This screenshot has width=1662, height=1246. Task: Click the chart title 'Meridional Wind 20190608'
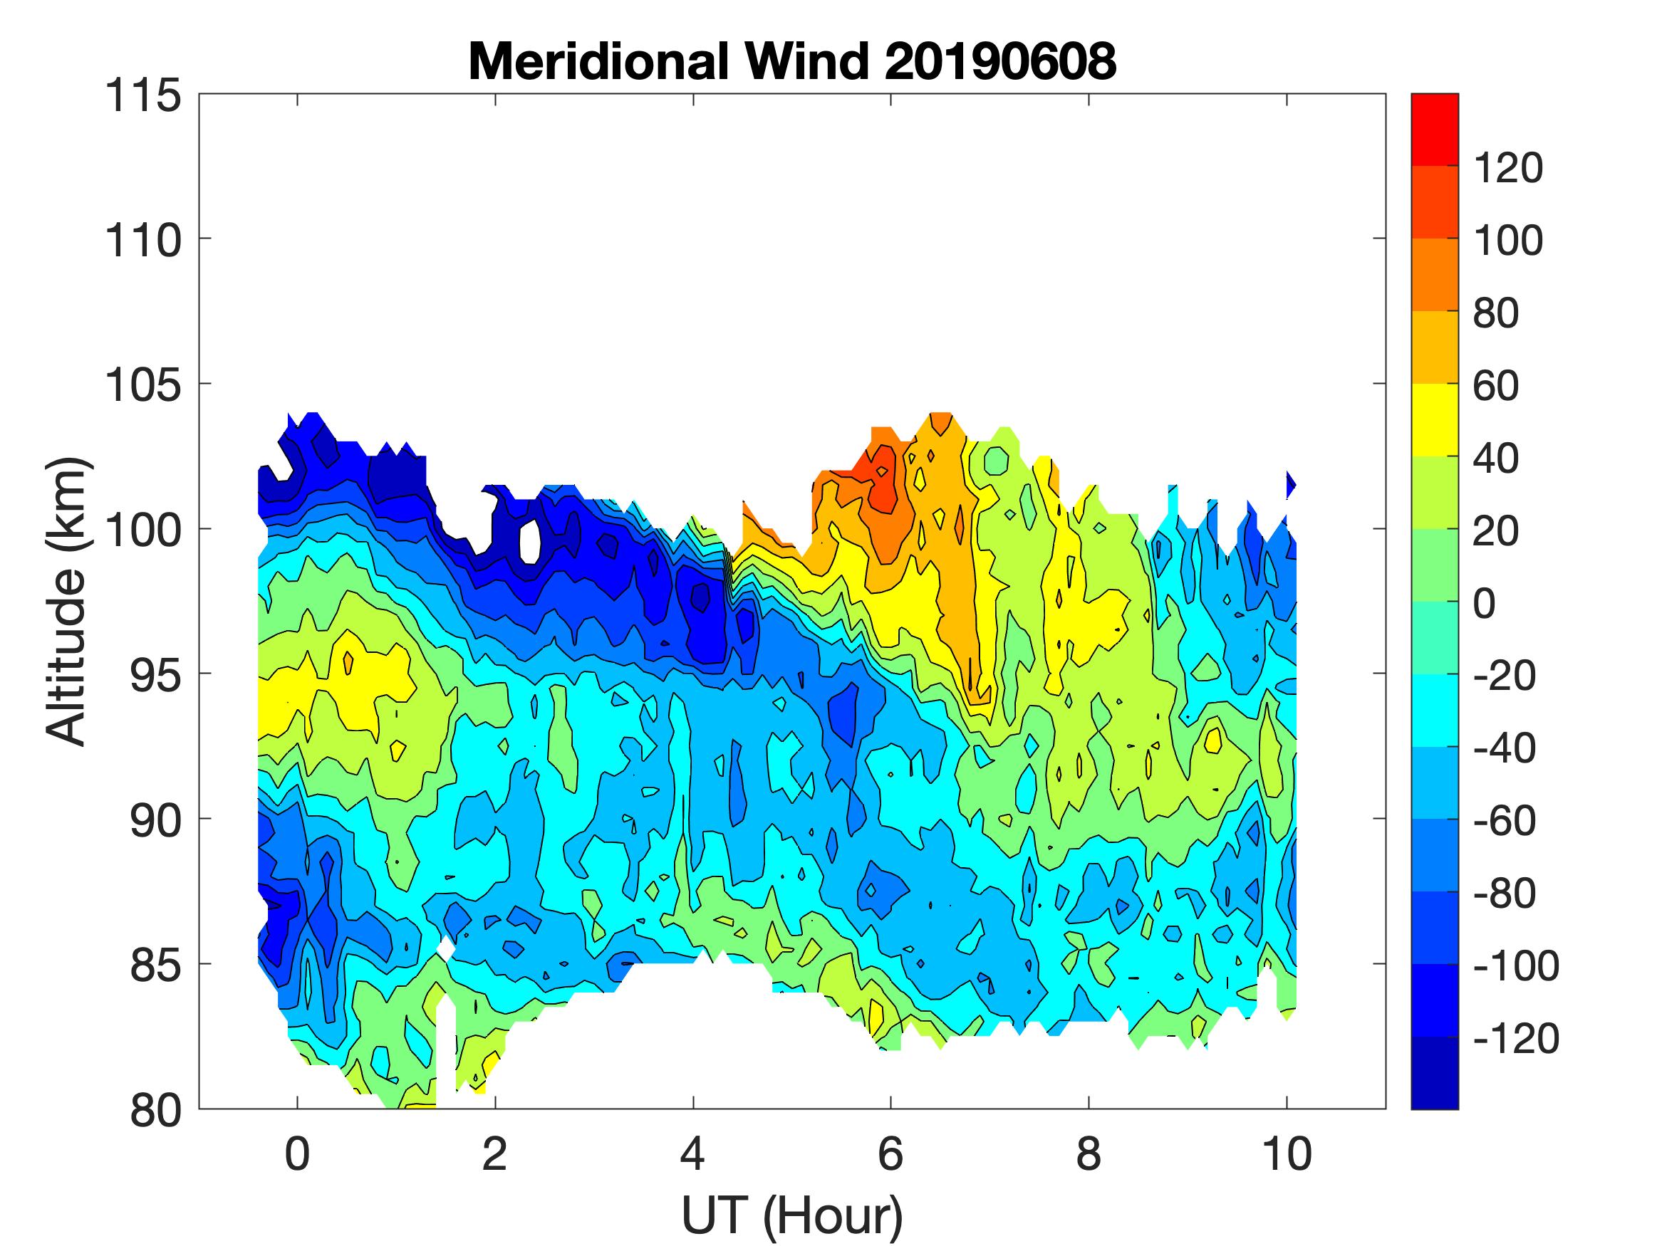tap(792, 61)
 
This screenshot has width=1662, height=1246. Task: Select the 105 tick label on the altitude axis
tap(143, 386)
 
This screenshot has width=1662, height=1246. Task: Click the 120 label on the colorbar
tap(1508, 168)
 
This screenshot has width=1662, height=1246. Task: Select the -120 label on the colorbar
tap(1515, 1040)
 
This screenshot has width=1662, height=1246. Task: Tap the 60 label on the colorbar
tap(1496, 386)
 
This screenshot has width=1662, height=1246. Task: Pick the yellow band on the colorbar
tap(1434, 420)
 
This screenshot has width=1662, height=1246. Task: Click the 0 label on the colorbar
tap(1484, 604)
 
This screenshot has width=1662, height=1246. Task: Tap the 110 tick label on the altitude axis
tap(143, 241)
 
